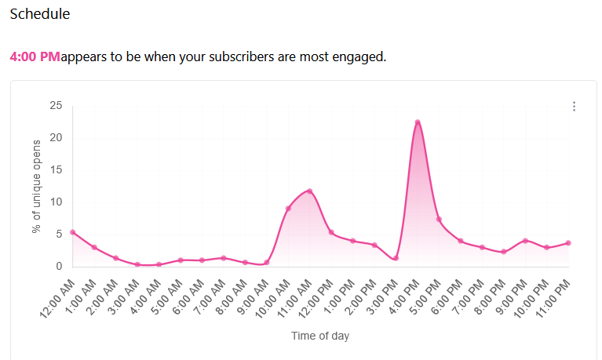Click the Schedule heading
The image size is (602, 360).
(x=39, y=14)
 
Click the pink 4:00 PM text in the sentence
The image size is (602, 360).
(x=35, y=57)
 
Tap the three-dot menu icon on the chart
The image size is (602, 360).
(x=575, y=107)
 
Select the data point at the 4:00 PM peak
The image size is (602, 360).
(x=418, y=122)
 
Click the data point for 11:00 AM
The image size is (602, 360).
(x=309, y=191)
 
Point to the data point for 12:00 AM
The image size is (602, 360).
(x=73, y=232)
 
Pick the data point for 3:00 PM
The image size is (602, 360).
(x=396, y=258)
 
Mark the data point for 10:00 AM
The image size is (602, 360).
(x=288, y=209)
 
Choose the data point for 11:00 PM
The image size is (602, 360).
(x=568, y=243)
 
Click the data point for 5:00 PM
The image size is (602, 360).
(x=439, y=220)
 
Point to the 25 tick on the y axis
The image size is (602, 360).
(x=55, y=106)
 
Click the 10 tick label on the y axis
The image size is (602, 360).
(x=55, y=202)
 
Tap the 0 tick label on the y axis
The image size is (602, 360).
(x=58, y=267)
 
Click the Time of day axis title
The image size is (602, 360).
(x=320, y=336)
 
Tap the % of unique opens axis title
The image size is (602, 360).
(x=36, y=186)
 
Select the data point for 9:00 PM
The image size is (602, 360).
(x=525, y=241)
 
